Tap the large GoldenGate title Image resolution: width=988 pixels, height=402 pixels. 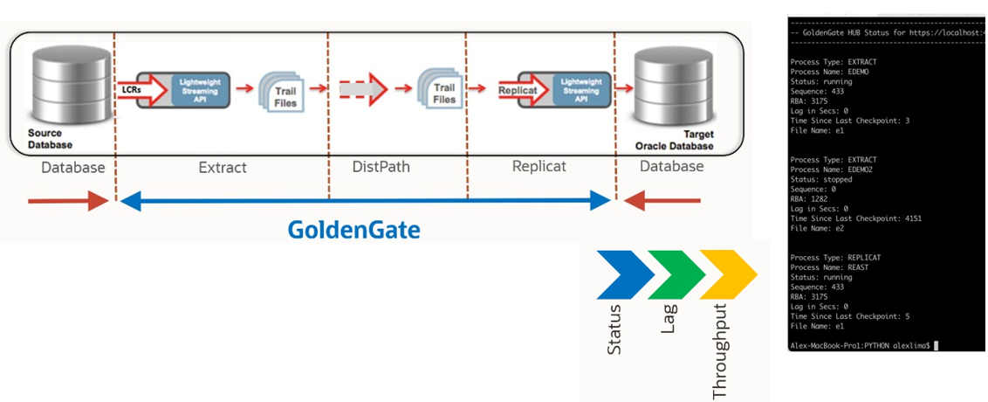354,230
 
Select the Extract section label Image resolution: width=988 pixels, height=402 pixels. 223,167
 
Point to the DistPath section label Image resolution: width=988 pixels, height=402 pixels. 381,167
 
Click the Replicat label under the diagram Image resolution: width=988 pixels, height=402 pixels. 539,166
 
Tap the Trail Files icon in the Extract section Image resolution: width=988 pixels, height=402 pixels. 281,90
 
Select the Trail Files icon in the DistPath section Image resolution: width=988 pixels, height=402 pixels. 439,87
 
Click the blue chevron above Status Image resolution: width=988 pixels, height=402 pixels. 625,274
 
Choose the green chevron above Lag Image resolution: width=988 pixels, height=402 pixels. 676,274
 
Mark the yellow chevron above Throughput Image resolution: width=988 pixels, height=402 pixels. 728,274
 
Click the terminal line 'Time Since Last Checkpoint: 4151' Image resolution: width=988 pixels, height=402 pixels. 855,218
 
